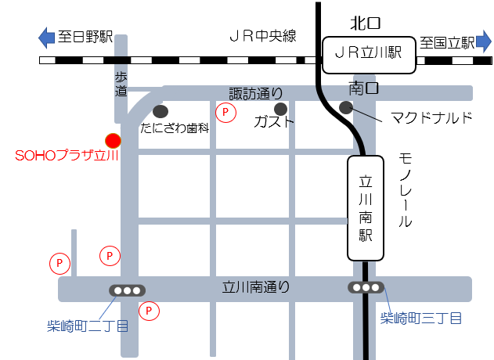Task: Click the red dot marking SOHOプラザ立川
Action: click(114, 140)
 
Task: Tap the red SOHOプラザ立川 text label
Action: click(67, 157)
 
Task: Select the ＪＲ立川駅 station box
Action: click(368, 53)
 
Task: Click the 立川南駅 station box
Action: click(366, 207)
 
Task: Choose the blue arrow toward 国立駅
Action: click(484, 41)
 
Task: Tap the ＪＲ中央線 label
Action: click(262, 37)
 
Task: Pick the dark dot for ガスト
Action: click(281, 107)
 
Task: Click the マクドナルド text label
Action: click(432, 118)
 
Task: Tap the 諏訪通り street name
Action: click(255, 94)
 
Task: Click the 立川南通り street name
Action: click(255, 288)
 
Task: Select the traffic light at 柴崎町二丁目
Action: click(127, 290)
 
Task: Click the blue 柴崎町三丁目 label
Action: click(420, 318)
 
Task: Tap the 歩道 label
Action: click(121, 84)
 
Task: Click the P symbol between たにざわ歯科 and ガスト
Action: click(226, 113)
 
